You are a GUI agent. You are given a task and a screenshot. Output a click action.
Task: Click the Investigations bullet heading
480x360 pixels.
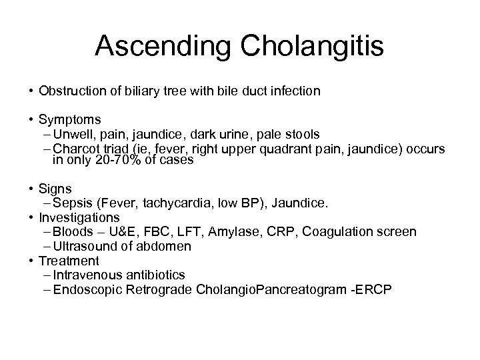(79, 217)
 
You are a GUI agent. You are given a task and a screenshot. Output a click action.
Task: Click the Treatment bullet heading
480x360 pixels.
(69, 261)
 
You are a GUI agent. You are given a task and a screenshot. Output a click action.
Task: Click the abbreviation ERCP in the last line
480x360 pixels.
(377, 289)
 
